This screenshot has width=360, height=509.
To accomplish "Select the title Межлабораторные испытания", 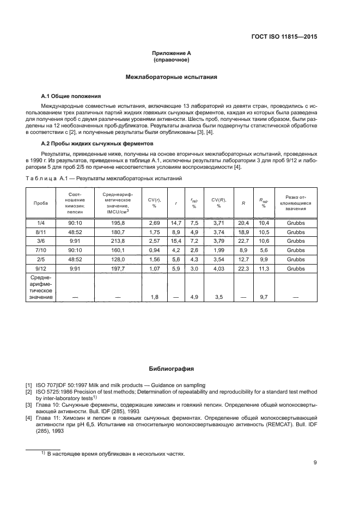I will point(172,77).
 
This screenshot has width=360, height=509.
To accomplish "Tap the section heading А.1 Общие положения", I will point(68,95).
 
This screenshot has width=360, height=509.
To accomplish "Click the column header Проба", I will point(41,202).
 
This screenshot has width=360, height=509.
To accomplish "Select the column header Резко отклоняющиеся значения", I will point(295,202).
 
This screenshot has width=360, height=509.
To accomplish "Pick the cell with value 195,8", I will point(118,223).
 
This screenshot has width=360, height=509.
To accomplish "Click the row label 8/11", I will point(41,232).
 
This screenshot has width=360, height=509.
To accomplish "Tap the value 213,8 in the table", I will point(118,241).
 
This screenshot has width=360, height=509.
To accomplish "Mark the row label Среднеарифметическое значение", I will point(41,287).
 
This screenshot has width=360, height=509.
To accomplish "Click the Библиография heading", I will point(172,369).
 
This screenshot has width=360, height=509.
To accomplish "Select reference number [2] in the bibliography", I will point(29,391).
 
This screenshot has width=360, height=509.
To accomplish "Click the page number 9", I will point(316,462).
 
